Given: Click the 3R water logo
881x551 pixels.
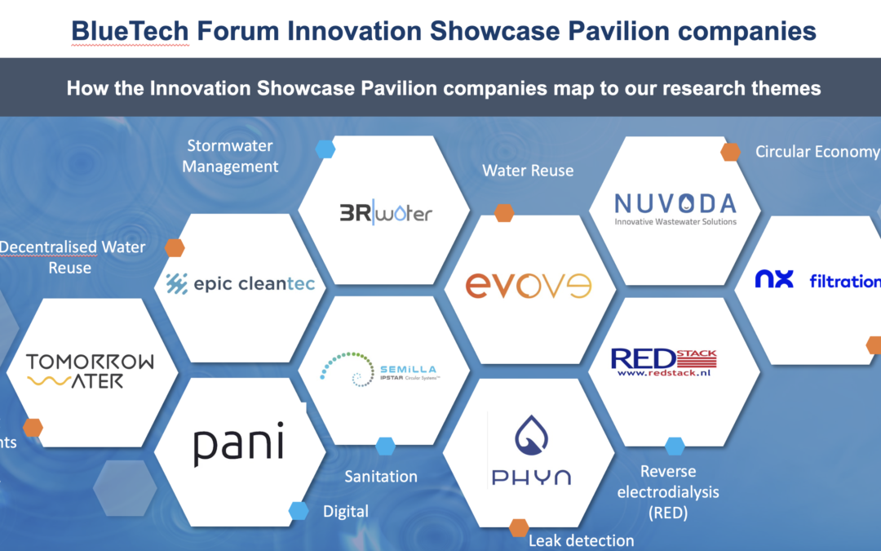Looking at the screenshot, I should click(386, 213).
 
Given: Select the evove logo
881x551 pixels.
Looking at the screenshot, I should click(528, 285).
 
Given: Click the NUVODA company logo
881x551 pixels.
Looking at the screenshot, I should click(675, 207).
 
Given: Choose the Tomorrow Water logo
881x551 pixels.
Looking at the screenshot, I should click(90, 371).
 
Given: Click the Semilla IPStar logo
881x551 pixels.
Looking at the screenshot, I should click(382, 370).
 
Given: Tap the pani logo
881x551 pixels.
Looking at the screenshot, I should click(238, 446).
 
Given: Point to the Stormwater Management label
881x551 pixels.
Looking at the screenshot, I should click(230, 156).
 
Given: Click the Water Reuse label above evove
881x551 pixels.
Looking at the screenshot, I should click(528, 171).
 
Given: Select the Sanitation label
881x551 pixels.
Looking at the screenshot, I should click(381, 476).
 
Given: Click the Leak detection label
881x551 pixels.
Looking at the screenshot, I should click(581, 540).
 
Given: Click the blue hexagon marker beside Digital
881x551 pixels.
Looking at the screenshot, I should click(299, 511).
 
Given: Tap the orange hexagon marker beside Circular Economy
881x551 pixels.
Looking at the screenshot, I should click(730, 151).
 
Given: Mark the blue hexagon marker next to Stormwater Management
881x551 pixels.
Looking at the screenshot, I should click(325, 149).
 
